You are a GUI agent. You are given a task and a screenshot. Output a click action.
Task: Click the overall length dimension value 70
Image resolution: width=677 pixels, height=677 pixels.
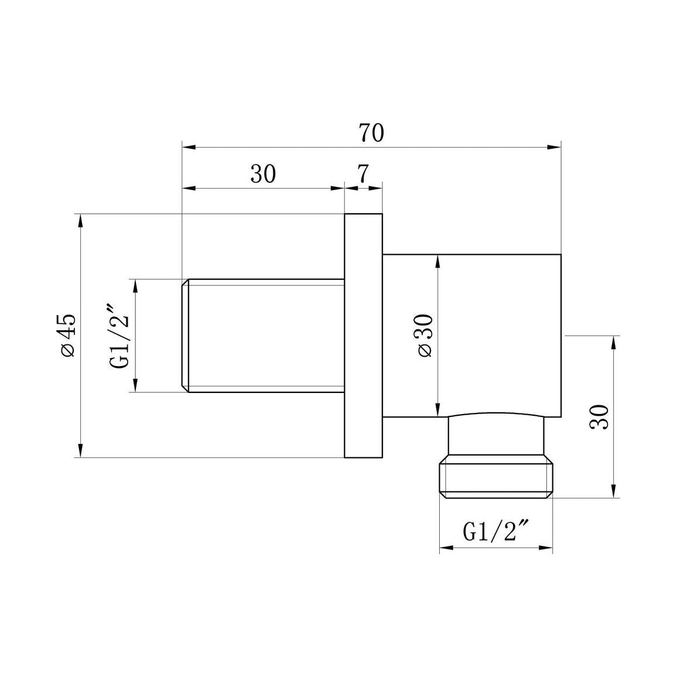coord(371,133)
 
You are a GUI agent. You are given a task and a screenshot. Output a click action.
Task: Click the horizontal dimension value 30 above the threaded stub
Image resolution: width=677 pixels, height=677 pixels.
coord(263,174)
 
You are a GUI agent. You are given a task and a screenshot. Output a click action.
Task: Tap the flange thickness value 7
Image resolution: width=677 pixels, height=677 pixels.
coord(363,174)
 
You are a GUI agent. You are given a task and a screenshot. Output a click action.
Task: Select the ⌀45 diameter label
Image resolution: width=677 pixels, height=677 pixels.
coord(67,334)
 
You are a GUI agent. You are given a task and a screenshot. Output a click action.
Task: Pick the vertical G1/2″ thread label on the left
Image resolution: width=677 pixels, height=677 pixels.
coord(119,336)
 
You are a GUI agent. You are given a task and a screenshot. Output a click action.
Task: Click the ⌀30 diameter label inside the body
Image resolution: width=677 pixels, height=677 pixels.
coord(425,335)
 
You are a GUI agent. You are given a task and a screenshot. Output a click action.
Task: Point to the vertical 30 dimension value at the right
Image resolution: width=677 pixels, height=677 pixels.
coord(600,416)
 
